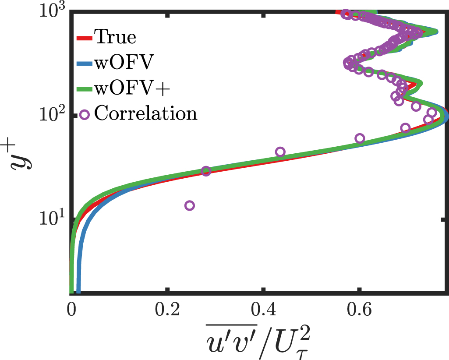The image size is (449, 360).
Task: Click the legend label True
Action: (x=115, y=38)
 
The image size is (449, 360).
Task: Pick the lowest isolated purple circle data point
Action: (x=190, y=206)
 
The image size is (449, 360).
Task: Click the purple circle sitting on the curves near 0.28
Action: (x=206, y=171)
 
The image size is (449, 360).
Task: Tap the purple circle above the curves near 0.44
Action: (x=280, y=152)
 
